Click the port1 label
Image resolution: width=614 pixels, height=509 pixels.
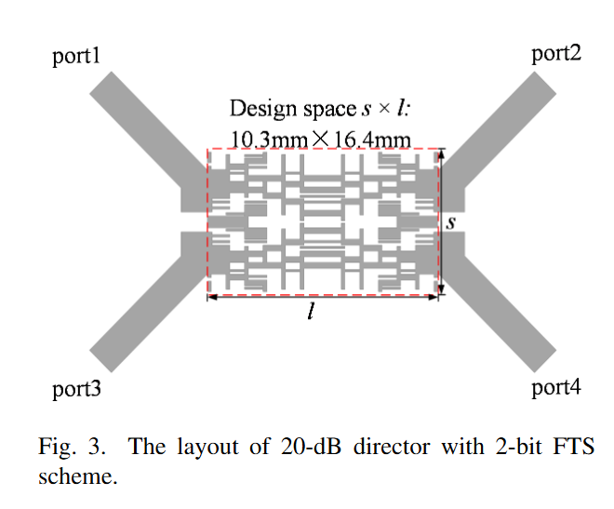point(76,57)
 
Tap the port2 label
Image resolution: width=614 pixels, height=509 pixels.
point(556,54)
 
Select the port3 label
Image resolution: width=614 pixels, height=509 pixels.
point(76,390)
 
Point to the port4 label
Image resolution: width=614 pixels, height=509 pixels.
point(556,388)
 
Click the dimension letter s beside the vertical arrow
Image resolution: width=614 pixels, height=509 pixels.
point(451,223)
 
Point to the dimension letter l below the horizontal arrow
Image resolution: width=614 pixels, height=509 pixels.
point(311,312)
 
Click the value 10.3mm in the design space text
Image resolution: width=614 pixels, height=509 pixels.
point(270,140)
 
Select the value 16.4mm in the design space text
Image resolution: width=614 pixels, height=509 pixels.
point(372,140)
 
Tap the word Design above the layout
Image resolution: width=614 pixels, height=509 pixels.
point(262,109)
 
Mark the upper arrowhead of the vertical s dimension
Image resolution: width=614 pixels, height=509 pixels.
point(441,154)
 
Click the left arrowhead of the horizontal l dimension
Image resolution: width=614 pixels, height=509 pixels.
point(212,297)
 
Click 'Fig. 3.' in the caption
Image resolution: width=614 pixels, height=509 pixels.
point(72,447)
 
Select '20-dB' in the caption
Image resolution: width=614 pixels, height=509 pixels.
point(311,447)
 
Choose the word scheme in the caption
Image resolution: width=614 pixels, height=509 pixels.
point(78,476)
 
